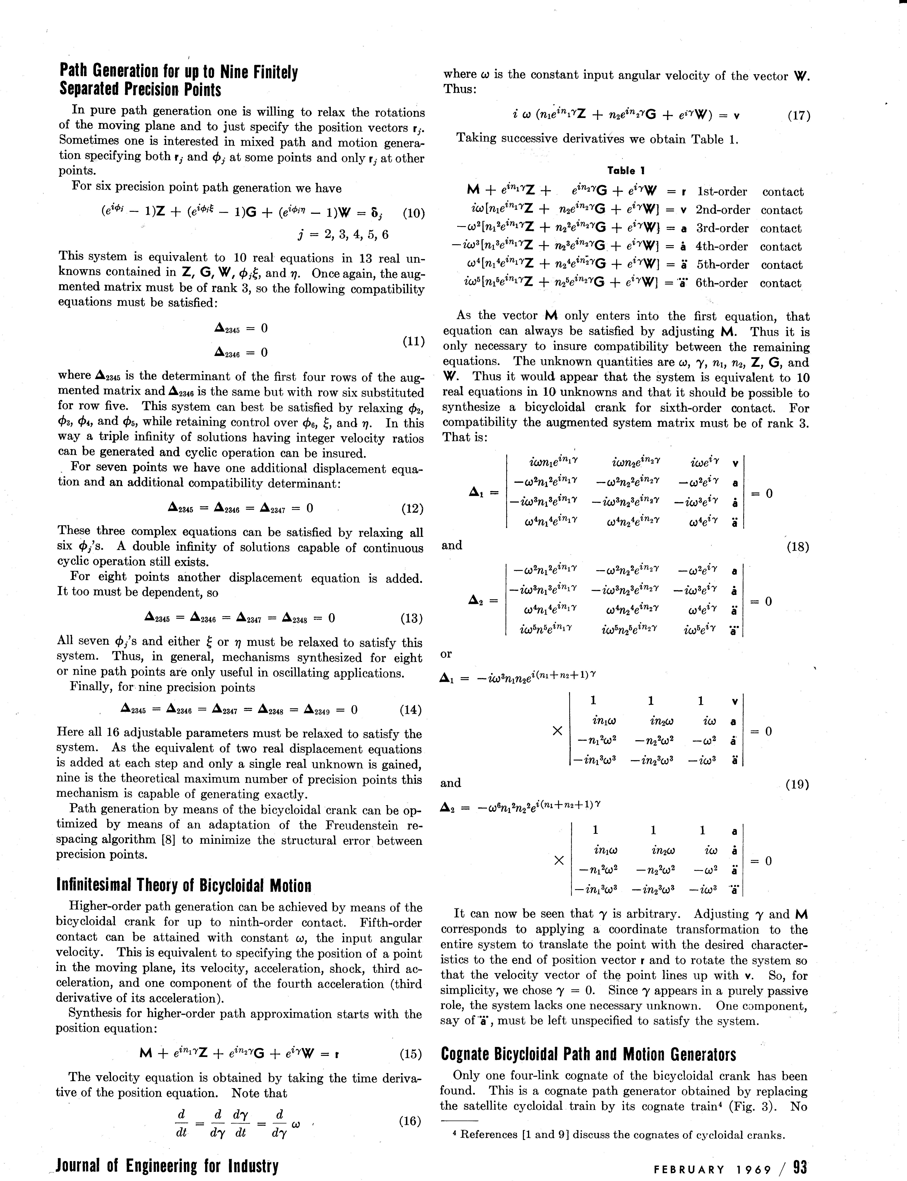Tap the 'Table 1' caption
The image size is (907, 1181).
(x=626, y=171)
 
